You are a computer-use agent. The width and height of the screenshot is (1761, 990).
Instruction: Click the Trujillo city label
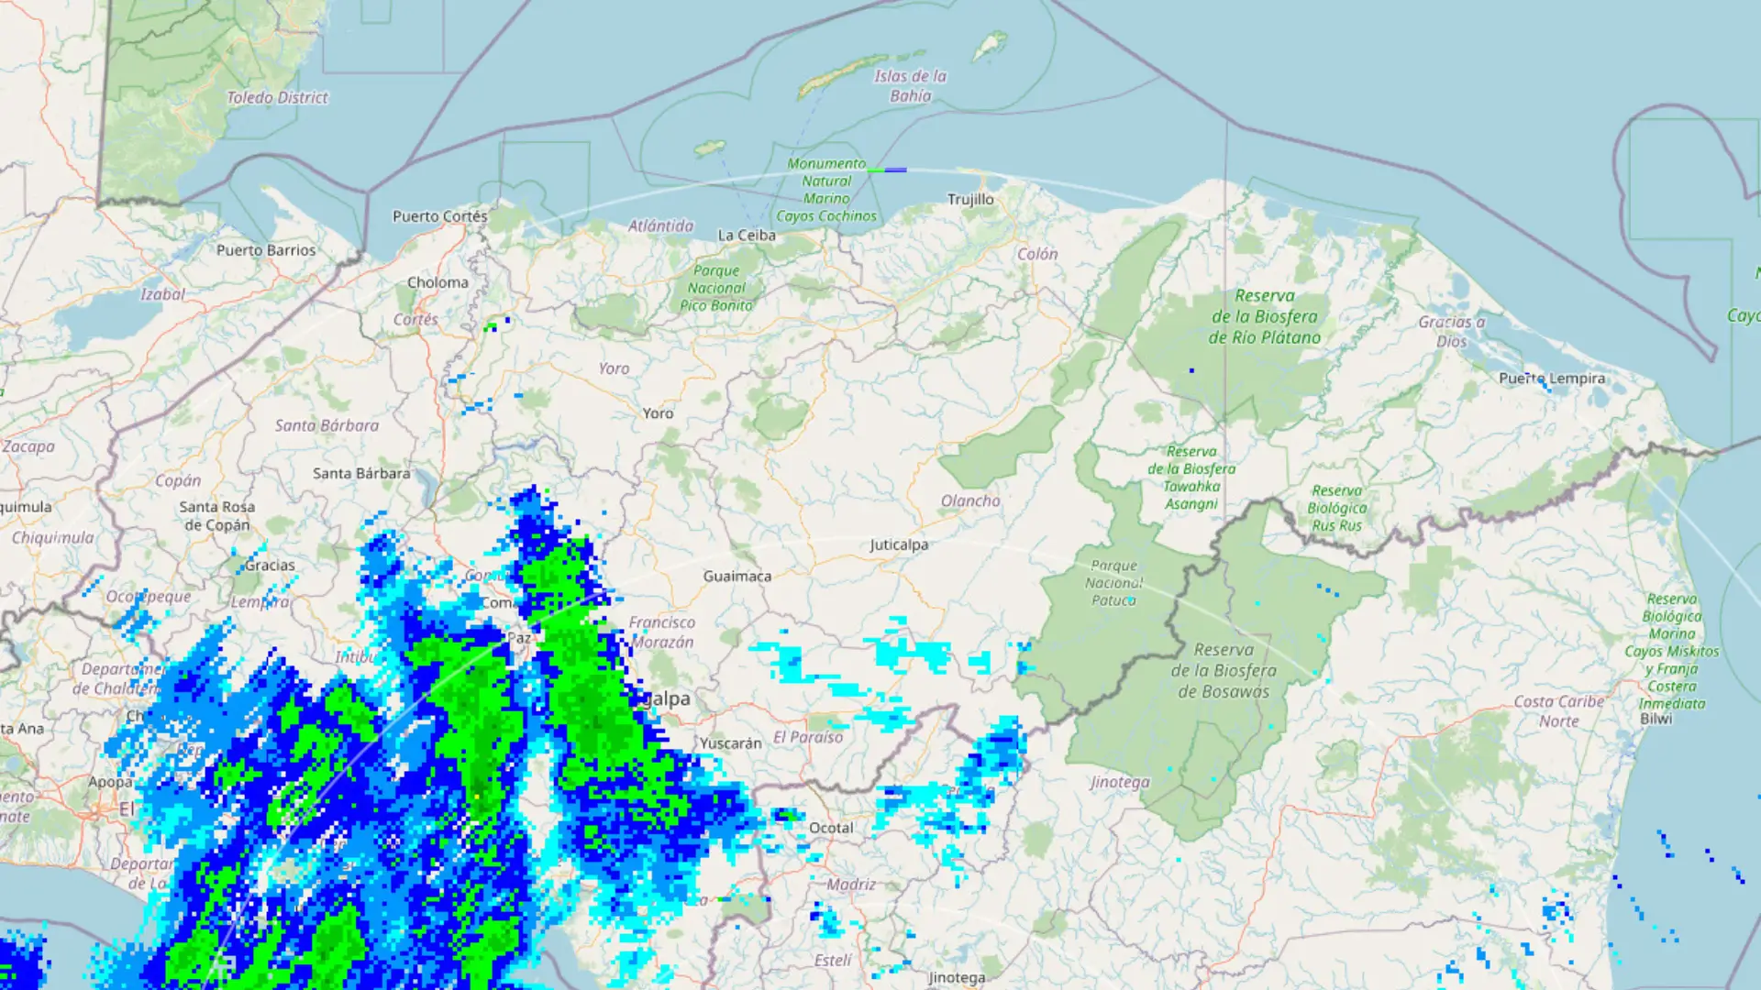pos(970,199)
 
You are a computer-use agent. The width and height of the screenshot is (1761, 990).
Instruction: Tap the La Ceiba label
pos(747,236)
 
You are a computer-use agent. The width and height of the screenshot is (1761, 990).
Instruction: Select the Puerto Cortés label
pos(439,216)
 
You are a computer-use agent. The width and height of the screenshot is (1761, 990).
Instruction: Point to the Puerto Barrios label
pos(266,250)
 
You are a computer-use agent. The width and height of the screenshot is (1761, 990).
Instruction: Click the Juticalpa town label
pos(899,544)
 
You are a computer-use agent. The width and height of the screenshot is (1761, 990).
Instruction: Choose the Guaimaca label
pos(737,576)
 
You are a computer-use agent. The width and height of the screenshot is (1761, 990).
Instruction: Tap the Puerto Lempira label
pos(1552,378)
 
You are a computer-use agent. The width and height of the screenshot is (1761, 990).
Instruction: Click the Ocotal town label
pos(831,828)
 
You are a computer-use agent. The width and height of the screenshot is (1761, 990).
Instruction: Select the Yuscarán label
pos(731,743)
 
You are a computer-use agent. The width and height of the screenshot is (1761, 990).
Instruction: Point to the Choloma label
pos(437,282)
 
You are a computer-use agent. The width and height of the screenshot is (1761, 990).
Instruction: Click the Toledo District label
pos(277,97)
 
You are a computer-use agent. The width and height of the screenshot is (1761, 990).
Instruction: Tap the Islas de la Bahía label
pos(910,86)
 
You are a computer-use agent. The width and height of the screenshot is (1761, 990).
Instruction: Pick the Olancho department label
pos(970,500)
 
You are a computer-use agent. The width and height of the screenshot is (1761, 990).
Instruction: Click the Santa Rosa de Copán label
pos(217,516)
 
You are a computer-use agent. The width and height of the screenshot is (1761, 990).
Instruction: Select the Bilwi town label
pos(1656,719)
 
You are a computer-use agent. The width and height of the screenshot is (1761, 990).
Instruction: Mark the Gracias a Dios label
pos(1451,331)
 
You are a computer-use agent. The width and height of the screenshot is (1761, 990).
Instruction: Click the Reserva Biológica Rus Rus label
pos(1336,508)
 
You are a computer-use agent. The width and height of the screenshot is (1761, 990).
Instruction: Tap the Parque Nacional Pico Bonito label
pos(716,288)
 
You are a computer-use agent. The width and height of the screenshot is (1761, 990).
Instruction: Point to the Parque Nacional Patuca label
pos(1113,583)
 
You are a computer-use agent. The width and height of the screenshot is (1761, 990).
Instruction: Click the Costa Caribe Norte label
pos(1559,711)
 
